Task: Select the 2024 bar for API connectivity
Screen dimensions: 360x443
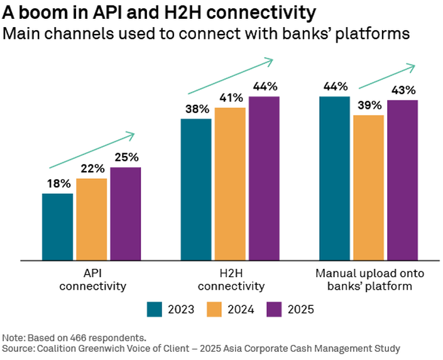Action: pyautogui.click(x=92, y=219)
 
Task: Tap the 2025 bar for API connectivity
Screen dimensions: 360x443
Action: pyautogui.click(x=126, y=213)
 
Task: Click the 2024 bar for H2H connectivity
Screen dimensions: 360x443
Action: pyautogui.click(x=230, y=183)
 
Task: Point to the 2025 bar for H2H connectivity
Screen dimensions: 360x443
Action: pyautogui.click(x=264, y=178)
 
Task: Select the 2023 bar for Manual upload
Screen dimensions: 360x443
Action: pyautogui.click(x=334, y=178)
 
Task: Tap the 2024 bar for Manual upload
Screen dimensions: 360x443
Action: pyautogui.click(x=369, y=187)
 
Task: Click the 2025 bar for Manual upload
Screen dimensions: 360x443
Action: pyautogui.click(x=403, y=180)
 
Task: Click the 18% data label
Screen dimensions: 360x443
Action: pyautogui.click(x=58, y=183)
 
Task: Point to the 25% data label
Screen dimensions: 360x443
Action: pyautogui.click(x=126, y=157)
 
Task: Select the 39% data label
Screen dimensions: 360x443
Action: pyautogui.click(x=369, y=105)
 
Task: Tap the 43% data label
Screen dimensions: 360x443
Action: pyautogui.click(x=403, y=90)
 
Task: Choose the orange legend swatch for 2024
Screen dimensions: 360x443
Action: pyautogui.click(x=214, y=309)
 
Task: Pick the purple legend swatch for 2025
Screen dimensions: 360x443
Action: pyautogui.click(x=275, y=309)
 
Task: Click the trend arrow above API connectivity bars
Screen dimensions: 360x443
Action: pyautogui.click(x=92, y=150)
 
